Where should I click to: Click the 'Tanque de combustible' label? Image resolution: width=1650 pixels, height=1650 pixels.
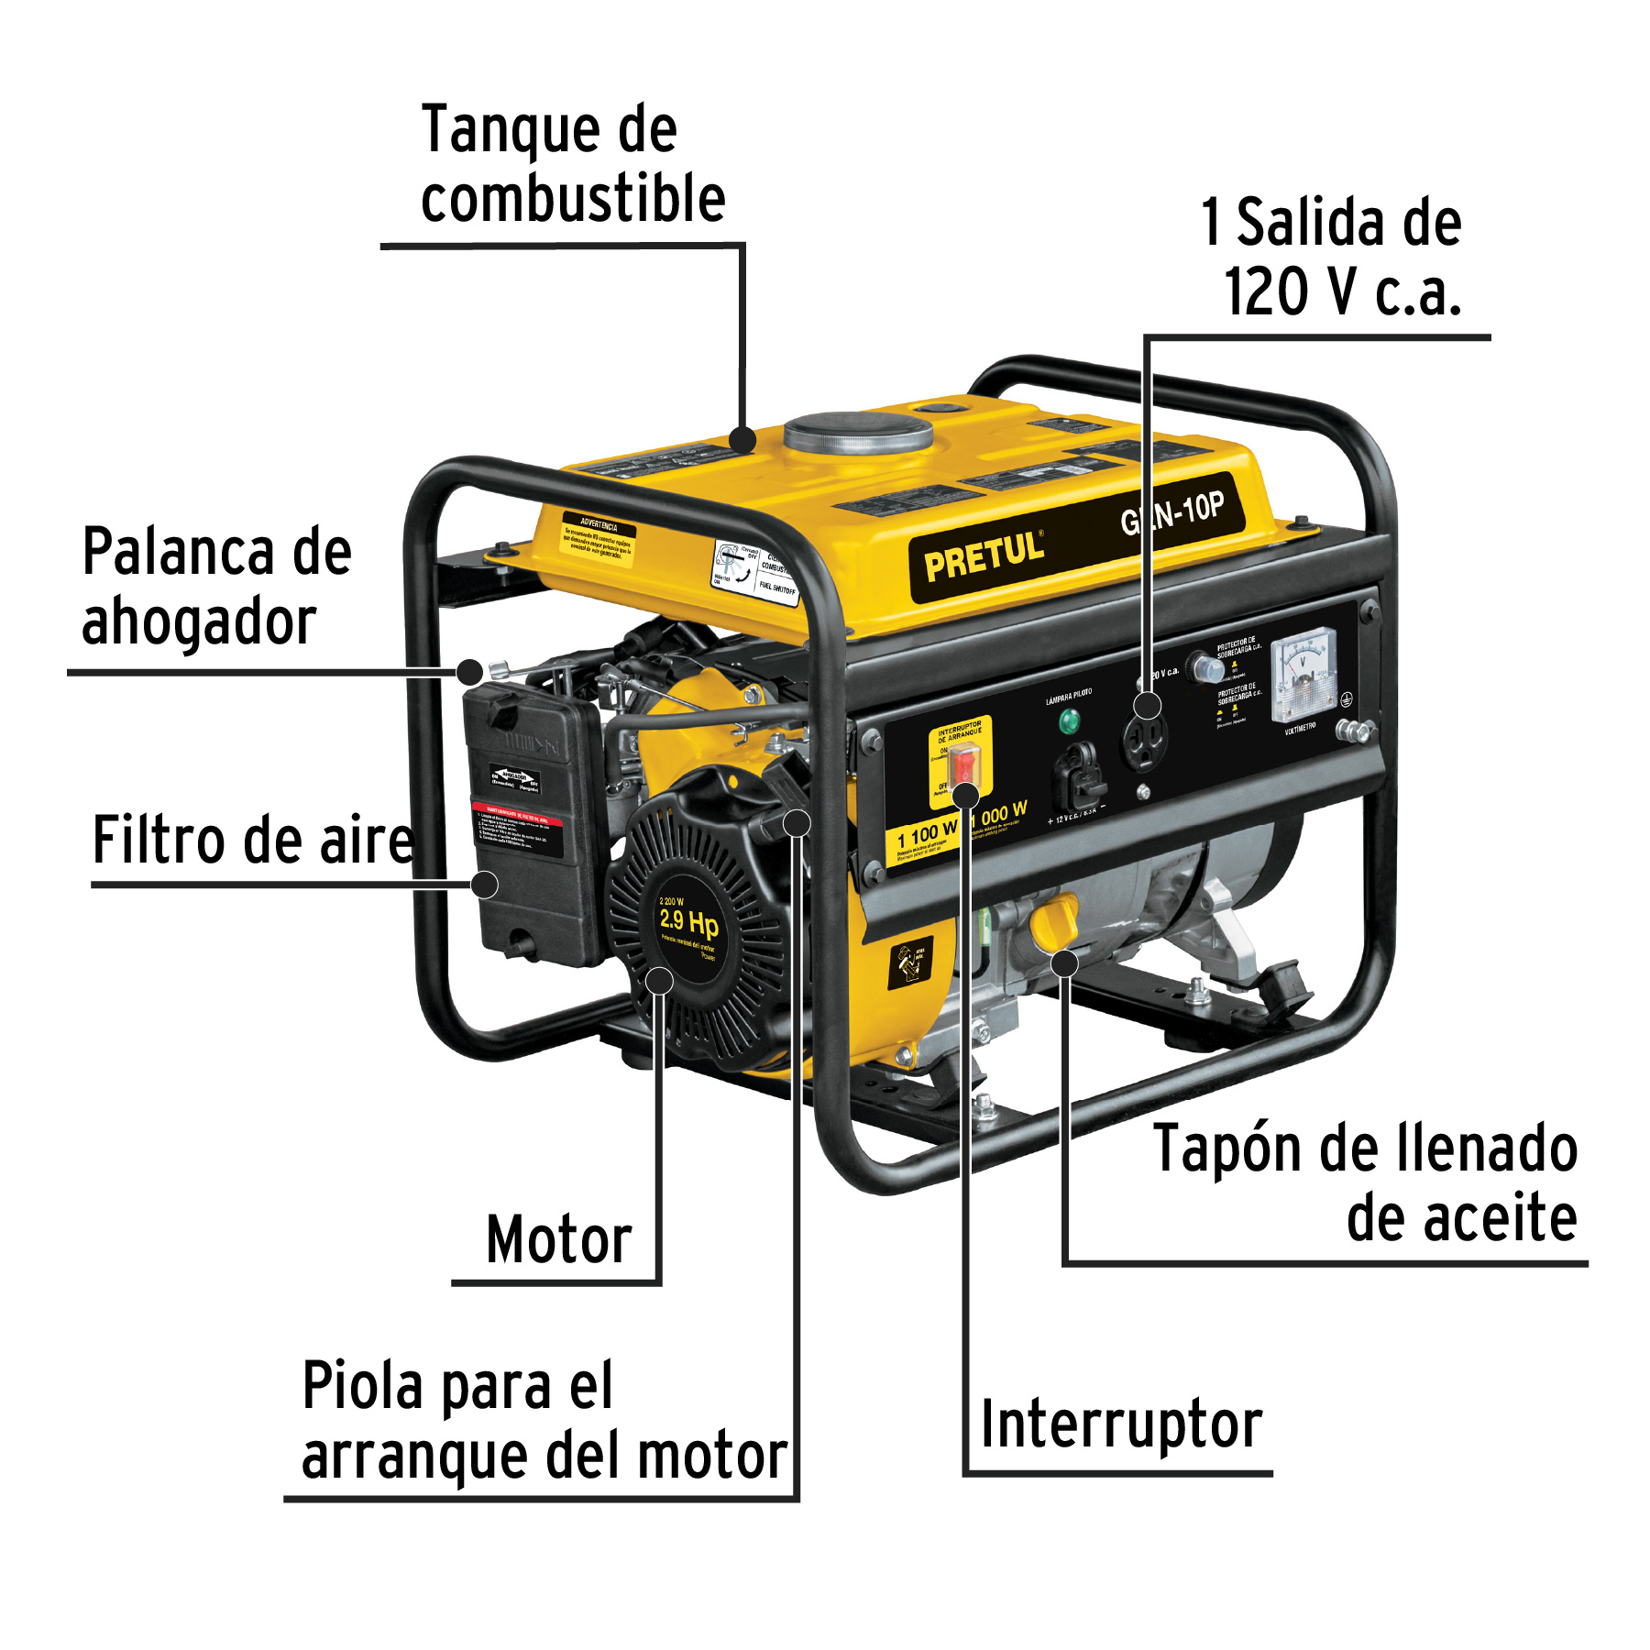point(572,164)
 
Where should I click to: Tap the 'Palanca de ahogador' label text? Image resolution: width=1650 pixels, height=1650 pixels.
point(216,587)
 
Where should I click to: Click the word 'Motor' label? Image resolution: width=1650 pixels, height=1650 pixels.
point(558,1240)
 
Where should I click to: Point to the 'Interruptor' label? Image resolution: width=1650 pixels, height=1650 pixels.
point(1121,1425)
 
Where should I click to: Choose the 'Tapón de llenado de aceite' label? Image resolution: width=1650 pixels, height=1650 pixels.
point(1366,1183)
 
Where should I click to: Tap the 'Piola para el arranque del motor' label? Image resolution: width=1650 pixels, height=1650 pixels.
point(543,1420)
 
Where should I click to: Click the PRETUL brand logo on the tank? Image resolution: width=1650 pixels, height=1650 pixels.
point(984,555)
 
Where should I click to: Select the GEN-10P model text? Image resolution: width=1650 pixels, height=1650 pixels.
point(1172,513)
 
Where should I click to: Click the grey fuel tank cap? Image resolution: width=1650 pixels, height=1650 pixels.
point(858,433)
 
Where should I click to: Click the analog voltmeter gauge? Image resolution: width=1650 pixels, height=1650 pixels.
point(1304,675)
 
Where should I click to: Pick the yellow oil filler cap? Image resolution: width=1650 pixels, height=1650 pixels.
point(1055,922)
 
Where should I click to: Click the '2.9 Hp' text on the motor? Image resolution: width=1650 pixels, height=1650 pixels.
point(688,921)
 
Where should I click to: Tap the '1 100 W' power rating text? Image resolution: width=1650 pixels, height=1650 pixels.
point(927,834)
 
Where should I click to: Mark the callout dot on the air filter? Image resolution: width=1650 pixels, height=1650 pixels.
point(485,885)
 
